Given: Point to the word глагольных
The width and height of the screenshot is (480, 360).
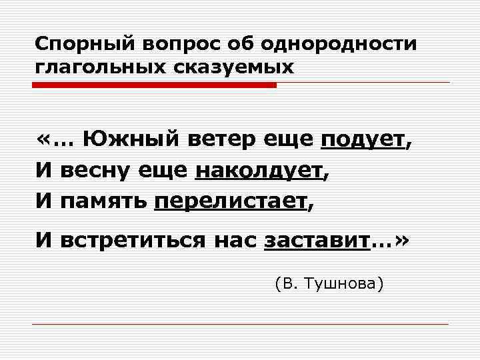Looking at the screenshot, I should [x=92, y=67].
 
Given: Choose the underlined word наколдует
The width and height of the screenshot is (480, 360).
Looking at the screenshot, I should [x=258, y=170].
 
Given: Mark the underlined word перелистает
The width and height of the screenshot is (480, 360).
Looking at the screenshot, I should [x=231, y=201].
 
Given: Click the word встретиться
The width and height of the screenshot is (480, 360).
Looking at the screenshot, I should [x=133, y=241].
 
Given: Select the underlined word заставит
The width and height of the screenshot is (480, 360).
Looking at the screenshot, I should [x=317, y=241].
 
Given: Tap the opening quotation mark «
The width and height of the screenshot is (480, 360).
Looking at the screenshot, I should [x=44, y=140].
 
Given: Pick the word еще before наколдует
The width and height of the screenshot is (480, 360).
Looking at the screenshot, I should [x=163, y=170].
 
